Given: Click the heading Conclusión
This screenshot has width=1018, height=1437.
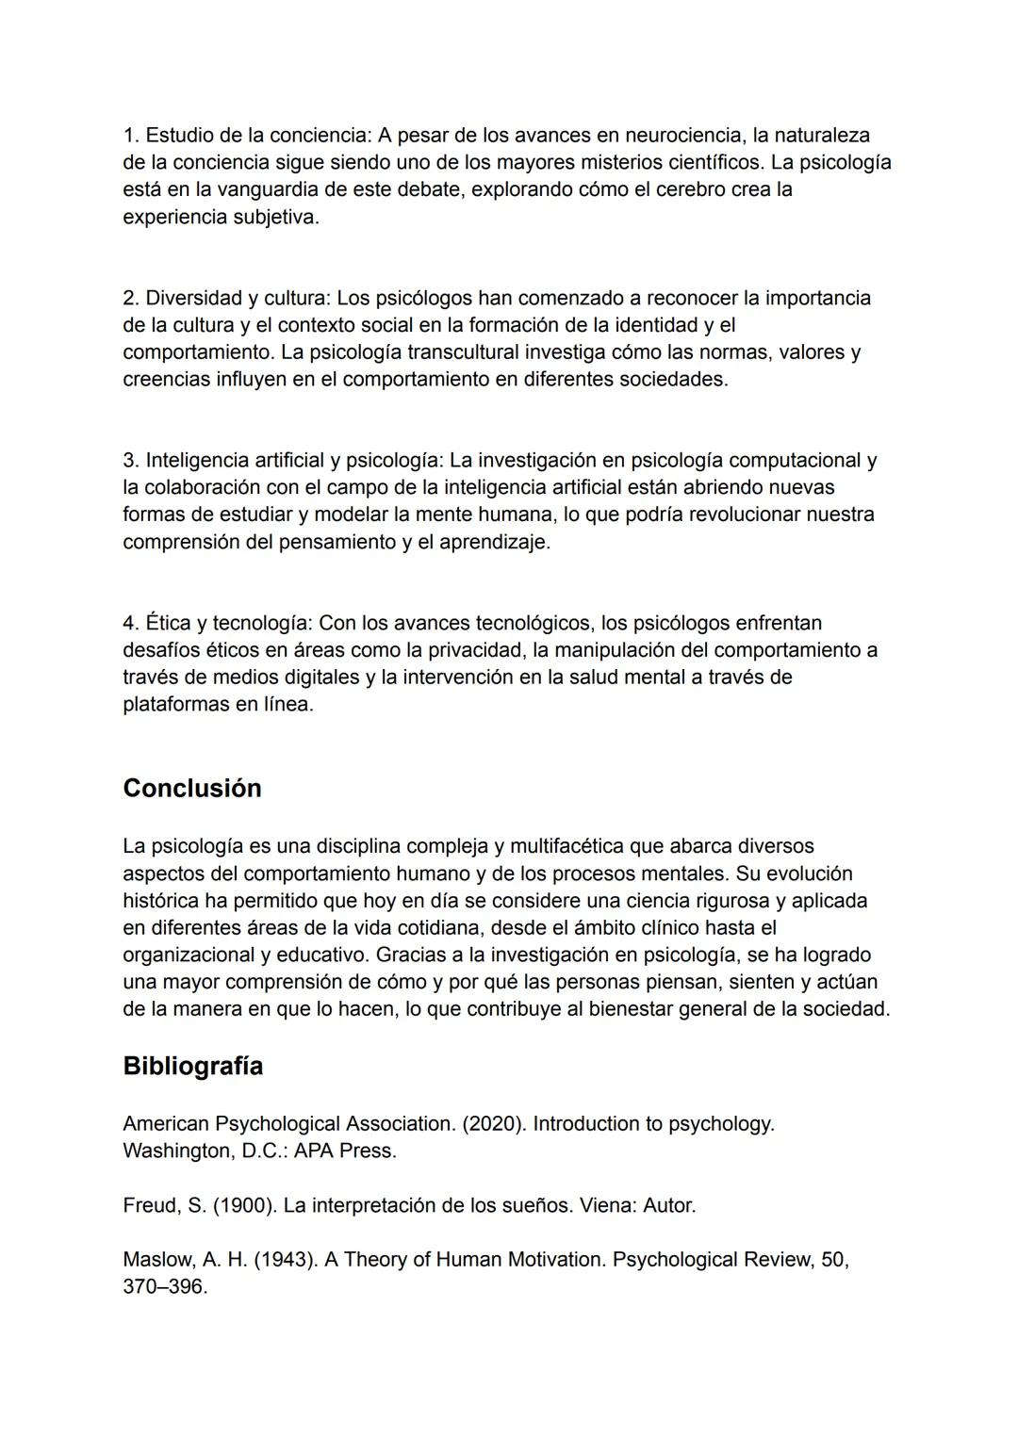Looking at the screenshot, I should pyautogui.click(x=192, y=788).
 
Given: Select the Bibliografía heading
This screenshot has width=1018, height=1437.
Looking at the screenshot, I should pyautogui.click(x=192, y=1066).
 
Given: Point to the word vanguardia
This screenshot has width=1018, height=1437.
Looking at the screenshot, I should pyautogui.click(x=267, y=189).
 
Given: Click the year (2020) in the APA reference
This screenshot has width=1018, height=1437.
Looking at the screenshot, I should pyautogui.click(x=494, y=1124).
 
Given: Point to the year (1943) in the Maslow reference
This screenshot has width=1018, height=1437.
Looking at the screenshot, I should pyautogui.click(x=284, y=1260).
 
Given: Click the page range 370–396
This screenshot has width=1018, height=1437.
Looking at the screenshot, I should pyautogui.click(x=165, y=1287).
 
